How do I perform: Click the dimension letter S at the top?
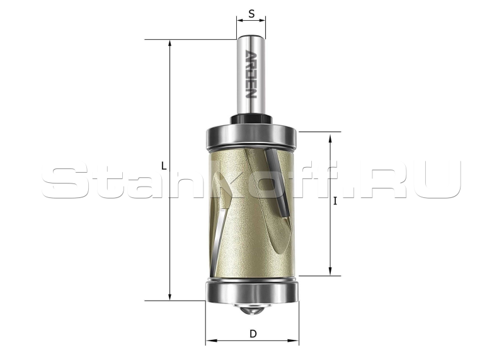click(x=251, y=14)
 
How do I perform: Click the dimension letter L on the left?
click(x=164, y=166)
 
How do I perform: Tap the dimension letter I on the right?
click(x=336, y=201)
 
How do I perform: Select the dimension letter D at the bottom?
click(x=253, y=334)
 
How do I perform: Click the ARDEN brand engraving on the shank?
click(x=251, y=74)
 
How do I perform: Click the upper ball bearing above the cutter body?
click(x=251, y=138)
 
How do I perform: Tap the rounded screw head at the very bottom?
click(x=251, y=310)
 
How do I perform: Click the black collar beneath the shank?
click(x=251, y=119)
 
